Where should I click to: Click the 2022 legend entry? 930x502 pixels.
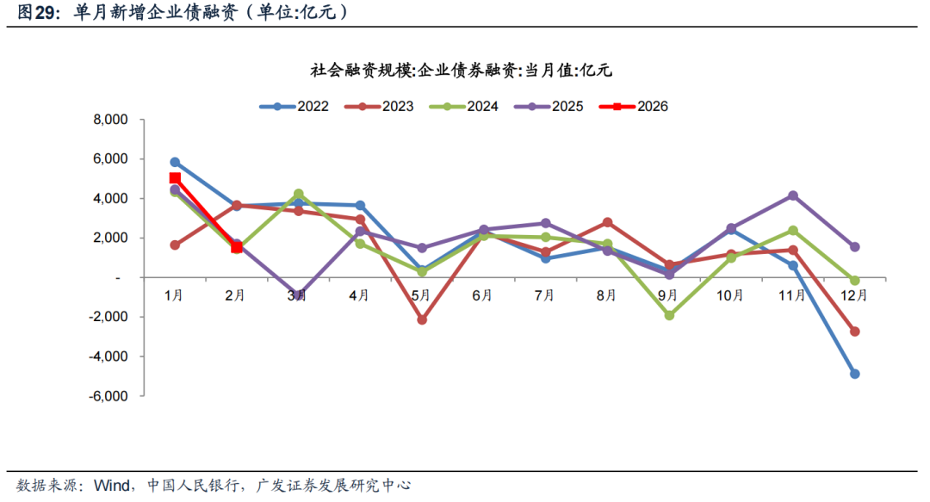tap(296, 107)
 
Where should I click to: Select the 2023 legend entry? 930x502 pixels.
tap(380, 107)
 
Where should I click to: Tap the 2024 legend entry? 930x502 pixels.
tap(464, 107)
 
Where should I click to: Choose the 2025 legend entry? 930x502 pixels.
tap(549, 107)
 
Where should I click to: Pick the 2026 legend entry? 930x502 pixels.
tap(633, 107)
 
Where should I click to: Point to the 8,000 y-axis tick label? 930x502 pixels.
tap(110, 120)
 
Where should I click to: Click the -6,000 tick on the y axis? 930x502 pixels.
tap(108, 396)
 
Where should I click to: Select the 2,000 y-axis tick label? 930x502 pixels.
tap(111, 238)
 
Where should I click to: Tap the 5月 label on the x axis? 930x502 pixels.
tap(421, 295)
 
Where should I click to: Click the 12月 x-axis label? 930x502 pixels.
tap(854, 295)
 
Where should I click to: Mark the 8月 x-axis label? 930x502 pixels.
tap(606, 295)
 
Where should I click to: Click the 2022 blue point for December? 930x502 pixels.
tap(854, 374)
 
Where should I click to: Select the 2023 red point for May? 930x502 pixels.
tap(422, 320)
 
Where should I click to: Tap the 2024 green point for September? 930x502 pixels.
tap(669, 315)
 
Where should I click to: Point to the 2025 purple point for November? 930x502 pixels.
tap(792, 195)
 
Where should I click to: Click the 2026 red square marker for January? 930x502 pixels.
tap(175, 178)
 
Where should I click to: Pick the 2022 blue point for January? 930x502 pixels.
tap(175, 162)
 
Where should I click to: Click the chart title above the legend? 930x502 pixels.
tap(461, 71)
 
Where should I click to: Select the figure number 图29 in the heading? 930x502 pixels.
tap(34, 13)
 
